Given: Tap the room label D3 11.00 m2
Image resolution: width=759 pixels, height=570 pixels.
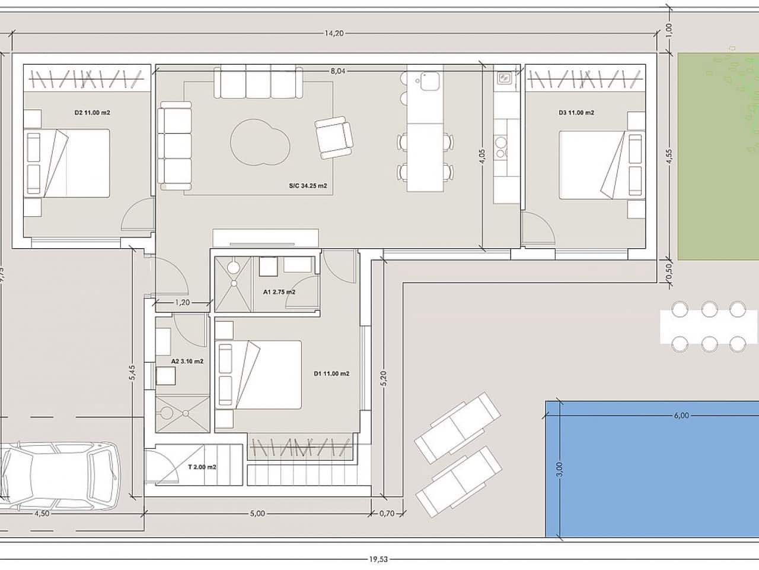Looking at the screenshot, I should (x=576, y=112).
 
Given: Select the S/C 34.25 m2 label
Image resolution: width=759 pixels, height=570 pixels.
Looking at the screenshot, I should (x=308, y=186).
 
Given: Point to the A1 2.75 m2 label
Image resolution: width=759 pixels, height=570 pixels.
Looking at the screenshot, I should (x=279, y=292).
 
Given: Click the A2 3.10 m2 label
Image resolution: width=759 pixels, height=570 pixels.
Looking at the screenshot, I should (x=187, y=361).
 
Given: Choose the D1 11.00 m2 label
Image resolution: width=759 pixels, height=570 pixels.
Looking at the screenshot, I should (x=331, y=373).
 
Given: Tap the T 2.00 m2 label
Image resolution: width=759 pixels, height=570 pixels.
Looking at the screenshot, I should (x=202, y=467).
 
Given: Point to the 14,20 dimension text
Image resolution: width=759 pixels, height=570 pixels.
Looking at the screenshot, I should (x=334, y=33).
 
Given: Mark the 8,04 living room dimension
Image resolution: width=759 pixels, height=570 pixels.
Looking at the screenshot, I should (x=338, y=71).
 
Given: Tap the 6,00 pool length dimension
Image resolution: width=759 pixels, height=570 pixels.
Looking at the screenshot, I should (x=681, y=416).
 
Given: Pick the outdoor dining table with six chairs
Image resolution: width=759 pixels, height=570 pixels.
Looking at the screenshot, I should (x=709, y=327).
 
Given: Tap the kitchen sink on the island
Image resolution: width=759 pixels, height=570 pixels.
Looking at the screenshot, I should (x=428, y=81).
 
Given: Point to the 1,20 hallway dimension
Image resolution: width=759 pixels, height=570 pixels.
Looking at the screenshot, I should (x=182, y=303).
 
